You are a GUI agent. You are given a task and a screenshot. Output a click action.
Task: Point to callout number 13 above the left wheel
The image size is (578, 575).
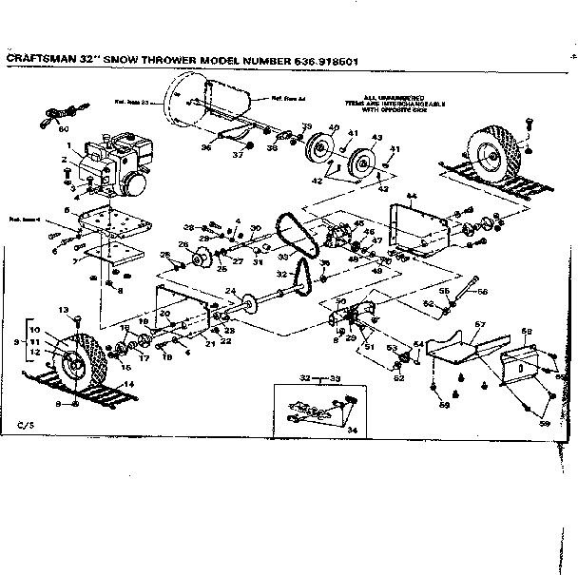(64, 310)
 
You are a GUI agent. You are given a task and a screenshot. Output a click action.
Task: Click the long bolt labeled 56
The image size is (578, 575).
(469, 286)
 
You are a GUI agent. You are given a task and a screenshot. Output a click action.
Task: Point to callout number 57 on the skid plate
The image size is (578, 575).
(480, 325)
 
